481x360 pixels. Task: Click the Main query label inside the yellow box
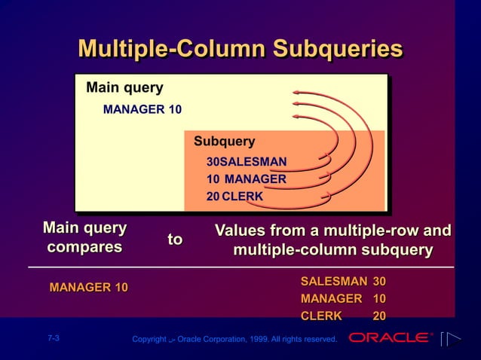coord(124,87)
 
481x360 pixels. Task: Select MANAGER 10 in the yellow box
coord(142,110)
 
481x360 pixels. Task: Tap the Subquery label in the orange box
coord(224,142)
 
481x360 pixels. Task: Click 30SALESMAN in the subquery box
coord(246,162)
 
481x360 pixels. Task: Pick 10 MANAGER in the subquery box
coord(246,179)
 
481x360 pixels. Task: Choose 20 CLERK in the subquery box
coord(234,197)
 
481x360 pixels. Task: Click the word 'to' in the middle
coord(175,239)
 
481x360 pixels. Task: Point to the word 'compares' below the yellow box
coord(84,247)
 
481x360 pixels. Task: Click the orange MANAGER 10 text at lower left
coord(88,287)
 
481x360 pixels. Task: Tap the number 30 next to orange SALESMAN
coord(379,281)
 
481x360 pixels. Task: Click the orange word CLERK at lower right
coord(321,316)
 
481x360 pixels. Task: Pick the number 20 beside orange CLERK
coord(379,316)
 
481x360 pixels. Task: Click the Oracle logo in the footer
coord(390,338)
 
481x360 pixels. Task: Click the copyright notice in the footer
coord(234,340)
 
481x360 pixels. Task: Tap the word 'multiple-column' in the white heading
coord(283,249)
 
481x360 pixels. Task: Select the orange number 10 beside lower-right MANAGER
coord(379,298)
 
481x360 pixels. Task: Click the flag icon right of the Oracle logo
coord(450,339)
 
